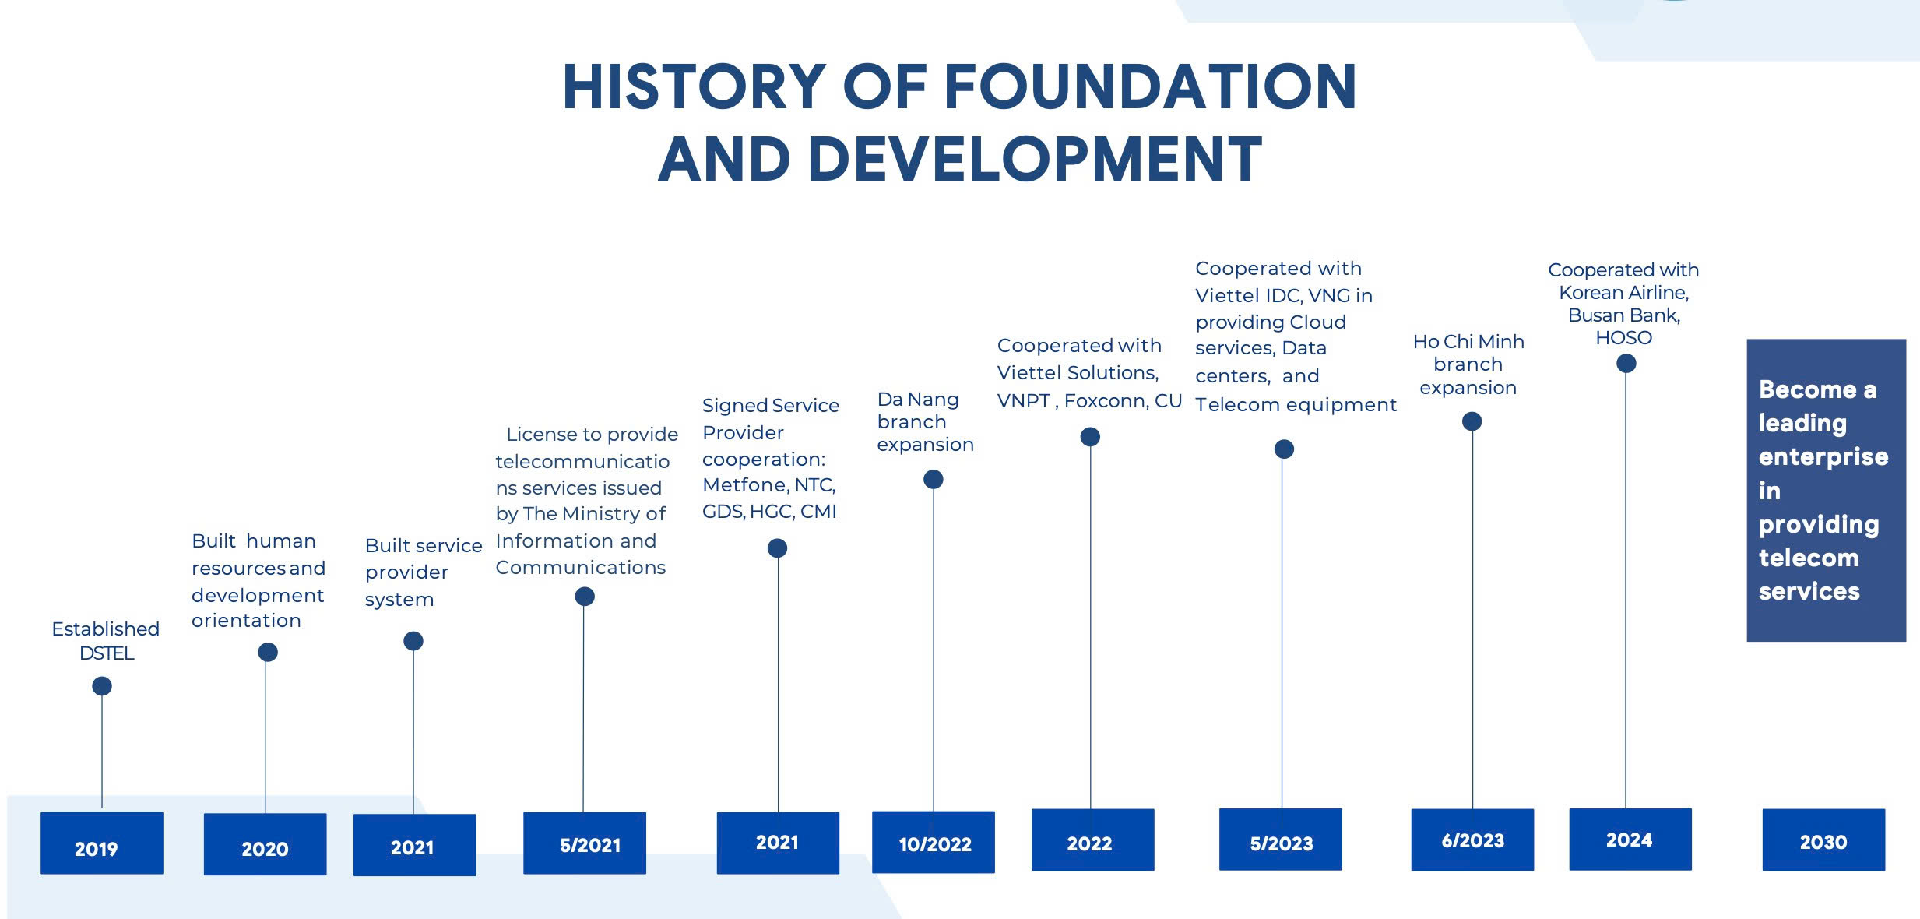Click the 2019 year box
coord(102,843)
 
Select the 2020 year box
coord(265,844)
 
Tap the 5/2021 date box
coord(585,843)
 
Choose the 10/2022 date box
coord(934,842)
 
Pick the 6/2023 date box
coord(1472,840)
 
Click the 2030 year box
coord(1823,840)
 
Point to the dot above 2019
coord(102,686)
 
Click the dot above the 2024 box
coord(1626,364)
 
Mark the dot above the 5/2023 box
coord(1284,449)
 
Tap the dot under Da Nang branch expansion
coord(934,480)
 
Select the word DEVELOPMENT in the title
coord(1035,159)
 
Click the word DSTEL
coord(107,653)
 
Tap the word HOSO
coord(1623,338)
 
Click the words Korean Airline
coord(1623,293)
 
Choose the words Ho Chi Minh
coord(1468,342)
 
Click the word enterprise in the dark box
coord(1823,457)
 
